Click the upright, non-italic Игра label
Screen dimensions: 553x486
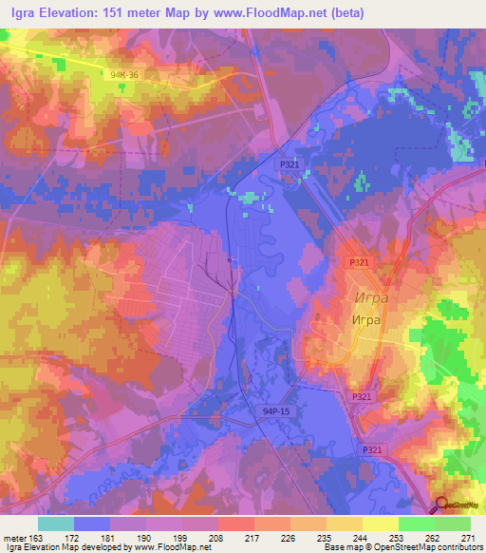(365, 319)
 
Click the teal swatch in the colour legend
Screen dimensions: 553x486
(56, 524)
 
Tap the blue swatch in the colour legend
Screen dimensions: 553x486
(92, 524)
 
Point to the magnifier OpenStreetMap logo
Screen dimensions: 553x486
(441, 505)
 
